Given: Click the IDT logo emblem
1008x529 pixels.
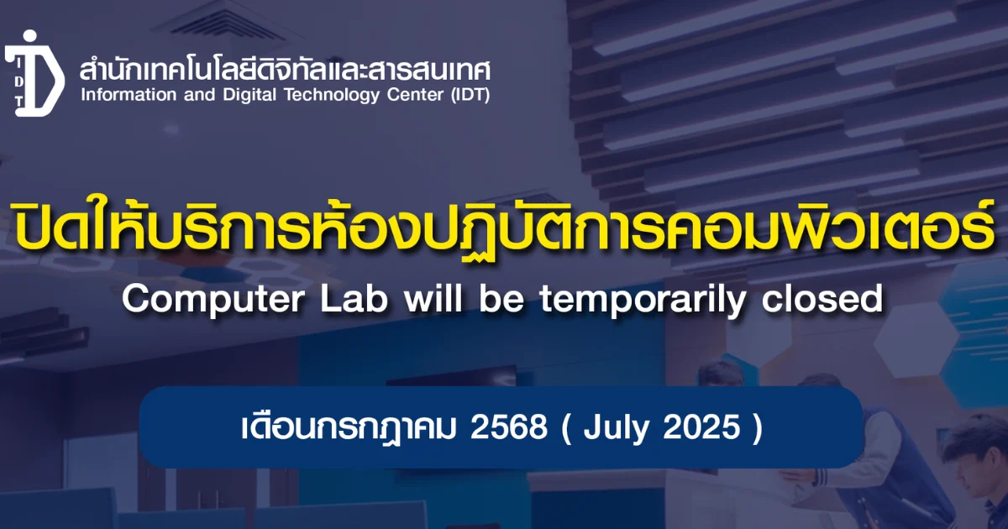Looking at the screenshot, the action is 34,74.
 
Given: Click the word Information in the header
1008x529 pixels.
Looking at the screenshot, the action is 129,95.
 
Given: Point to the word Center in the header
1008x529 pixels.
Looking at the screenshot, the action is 415,96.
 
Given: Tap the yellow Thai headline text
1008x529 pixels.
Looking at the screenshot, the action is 503,228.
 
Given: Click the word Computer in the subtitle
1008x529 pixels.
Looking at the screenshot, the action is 213,301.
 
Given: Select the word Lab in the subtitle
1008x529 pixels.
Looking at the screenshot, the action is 354,299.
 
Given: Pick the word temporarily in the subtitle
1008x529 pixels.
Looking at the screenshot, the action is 643,301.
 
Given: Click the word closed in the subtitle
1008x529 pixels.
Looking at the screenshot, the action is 822,299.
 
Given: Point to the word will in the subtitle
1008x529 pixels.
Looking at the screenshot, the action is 433,299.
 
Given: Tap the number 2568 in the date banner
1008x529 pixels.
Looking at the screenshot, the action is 509,427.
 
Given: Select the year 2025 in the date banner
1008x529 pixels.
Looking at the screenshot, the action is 702,427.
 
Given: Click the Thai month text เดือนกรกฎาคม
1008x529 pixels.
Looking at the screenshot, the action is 349,427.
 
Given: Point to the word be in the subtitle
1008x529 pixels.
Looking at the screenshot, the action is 501,299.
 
